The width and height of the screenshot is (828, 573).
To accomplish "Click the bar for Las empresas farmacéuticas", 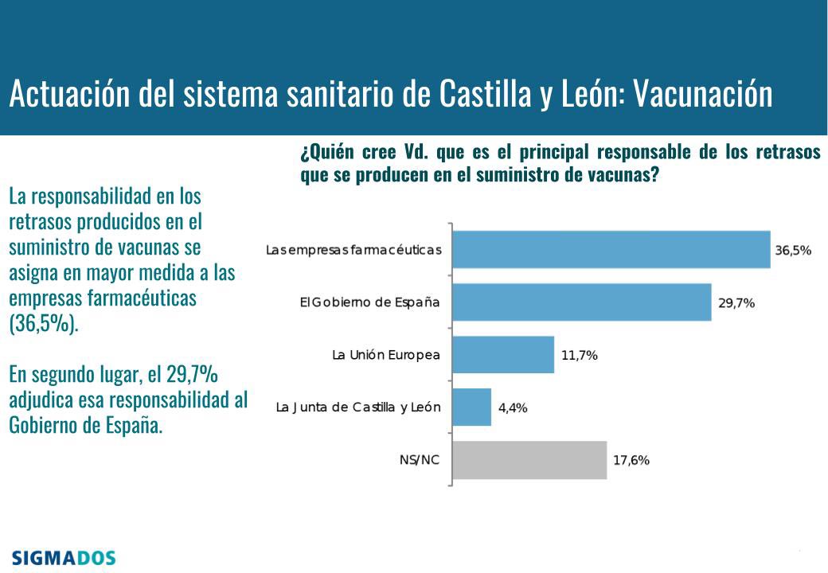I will point(611,250).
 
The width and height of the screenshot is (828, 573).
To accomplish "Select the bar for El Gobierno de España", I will point(581,302).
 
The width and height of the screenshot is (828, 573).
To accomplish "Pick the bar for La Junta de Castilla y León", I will point(471,407).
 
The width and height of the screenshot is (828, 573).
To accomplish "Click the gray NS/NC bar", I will point(529,460).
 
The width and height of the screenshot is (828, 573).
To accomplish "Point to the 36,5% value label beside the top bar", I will point(793,250).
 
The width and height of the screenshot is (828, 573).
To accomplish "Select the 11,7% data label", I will point(579,355).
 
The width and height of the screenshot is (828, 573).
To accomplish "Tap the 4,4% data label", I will point(513,407).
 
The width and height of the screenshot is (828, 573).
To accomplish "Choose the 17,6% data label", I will point(631,460).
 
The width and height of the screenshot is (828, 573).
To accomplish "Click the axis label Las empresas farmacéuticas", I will point(353,250).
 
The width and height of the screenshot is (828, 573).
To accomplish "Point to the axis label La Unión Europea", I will point(385,355).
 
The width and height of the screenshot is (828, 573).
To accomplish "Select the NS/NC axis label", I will point(419,460).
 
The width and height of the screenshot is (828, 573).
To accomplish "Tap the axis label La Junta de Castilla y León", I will point(357,407).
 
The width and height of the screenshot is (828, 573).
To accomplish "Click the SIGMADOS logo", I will point(64,557).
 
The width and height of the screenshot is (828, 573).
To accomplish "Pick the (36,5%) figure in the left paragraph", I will point(45,325).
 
